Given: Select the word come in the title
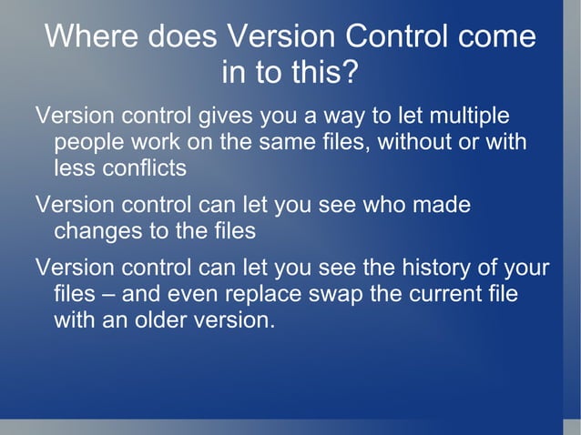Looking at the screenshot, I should (x=496, y=37).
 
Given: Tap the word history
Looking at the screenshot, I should (x=443, y=268).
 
